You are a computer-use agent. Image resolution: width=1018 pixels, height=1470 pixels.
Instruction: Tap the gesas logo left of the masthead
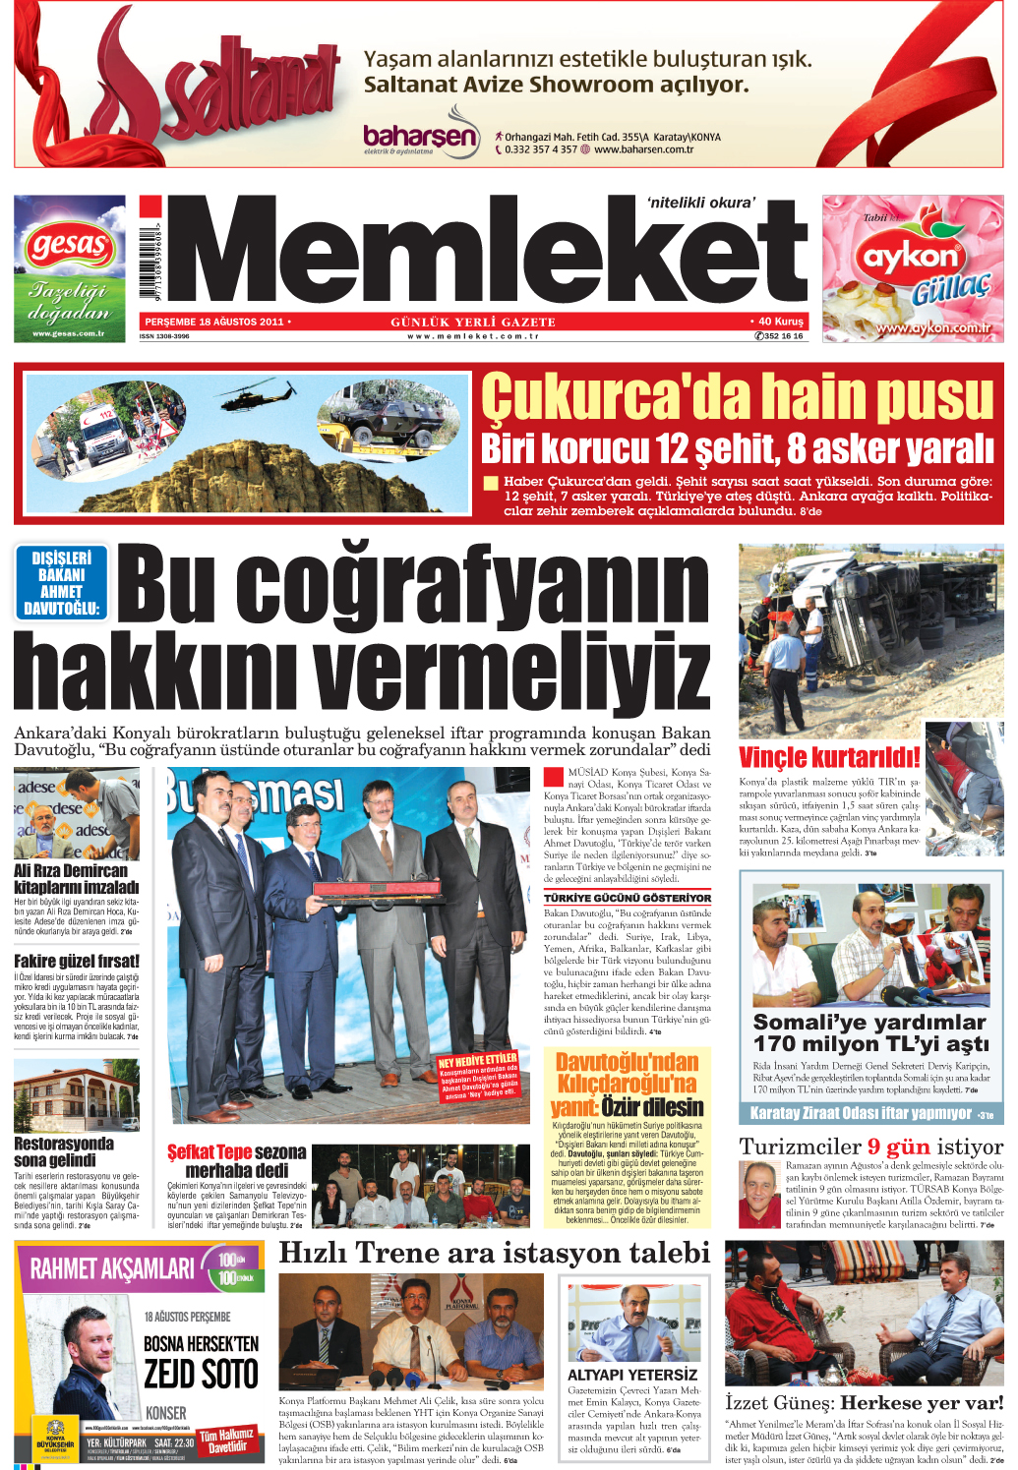pos(69,245)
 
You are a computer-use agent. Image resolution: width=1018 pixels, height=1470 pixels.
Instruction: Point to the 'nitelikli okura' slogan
pos(701,203)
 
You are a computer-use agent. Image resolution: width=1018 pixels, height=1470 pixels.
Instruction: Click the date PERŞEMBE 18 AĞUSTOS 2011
pos(214,322)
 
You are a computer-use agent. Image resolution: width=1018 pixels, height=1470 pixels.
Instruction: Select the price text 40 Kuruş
pos(780,322)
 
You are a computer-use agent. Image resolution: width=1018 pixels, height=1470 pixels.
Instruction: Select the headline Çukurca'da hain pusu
pos(737,396)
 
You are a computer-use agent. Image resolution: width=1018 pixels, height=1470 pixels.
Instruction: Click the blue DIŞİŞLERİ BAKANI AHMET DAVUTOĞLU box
pos(61,583)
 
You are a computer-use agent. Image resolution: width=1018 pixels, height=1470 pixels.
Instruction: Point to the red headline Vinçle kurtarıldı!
pos(829,758)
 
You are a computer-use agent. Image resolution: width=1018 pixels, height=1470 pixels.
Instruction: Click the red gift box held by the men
pos(375,891)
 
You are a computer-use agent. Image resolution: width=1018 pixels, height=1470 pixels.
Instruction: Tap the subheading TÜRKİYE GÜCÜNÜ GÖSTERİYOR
pos(627,898)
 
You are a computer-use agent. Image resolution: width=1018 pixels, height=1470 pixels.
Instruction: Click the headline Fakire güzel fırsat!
pos(77,961)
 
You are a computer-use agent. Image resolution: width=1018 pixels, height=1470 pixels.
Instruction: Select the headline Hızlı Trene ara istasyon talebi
pos(494,1253)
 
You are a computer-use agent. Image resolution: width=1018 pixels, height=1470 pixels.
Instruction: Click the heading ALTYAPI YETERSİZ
pos(632,1375)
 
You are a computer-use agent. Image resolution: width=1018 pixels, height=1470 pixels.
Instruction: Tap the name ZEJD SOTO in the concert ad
pos(201,1374)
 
